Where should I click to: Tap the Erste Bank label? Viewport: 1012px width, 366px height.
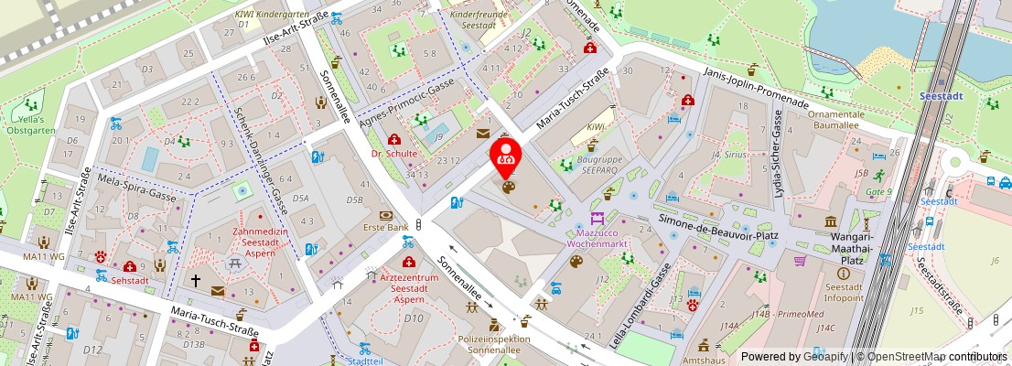pos(385,227)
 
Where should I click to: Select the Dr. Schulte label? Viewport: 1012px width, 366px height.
pos(394,154)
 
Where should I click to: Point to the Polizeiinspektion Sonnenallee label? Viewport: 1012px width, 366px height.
pos(496,344)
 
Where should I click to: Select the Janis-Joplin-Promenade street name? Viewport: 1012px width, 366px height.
pos(756,87)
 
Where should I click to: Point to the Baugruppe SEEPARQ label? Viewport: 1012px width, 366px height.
pos(600,165)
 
